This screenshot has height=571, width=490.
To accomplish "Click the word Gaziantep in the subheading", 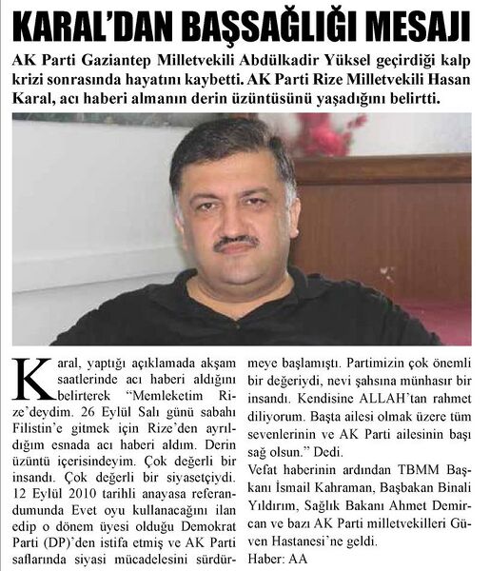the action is point(112,59).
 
